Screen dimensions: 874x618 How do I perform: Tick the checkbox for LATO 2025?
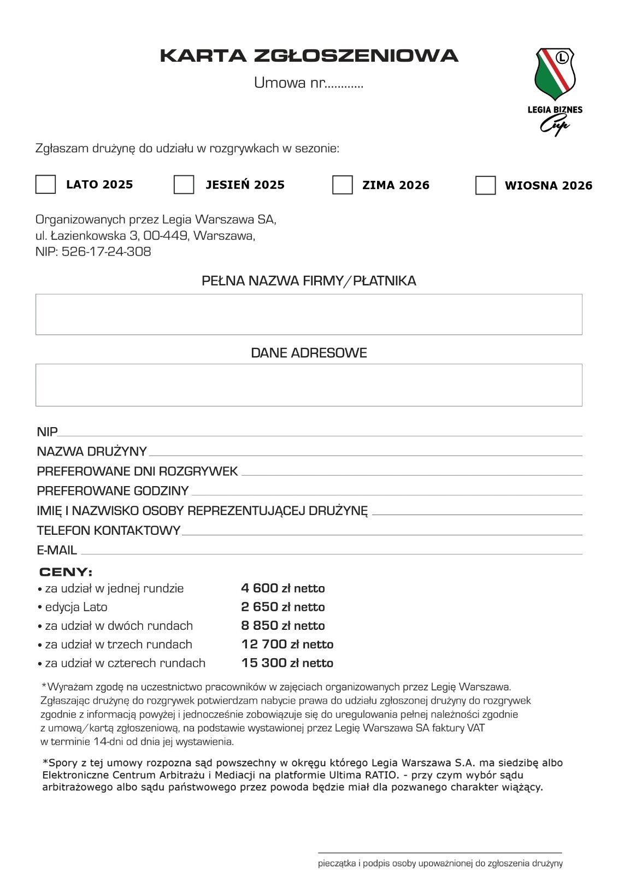[45, 184]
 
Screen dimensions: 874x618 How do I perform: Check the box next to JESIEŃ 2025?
[184, 184]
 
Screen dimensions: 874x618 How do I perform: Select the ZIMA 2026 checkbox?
[342, 185]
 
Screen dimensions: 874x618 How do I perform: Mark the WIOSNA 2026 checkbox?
[485, 185]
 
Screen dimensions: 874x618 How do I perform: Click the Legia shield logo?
[555, 73]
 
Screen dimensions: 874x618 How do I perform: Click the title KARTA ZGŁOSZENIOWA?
[309, 56]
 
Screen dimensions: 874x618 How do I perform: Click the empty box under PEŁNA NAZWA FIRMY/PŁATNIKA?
[309, 314]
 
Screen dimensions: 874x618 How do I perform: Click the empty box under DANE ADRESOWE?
[309, 385]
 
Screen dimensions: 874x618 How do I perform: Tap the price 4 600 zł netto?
[283, 588]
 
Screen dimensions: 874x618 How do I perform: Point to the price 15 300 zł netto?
[287, 663]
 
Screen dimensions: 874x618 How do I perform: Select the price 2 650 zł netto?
[283, 607]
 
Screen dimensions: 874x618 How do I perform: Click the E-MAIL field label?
[57, 550]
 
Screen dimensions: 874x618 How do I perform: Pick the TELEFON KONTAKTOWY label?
[108, 530]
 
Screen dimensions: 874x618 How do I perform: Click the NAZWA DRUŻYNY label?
[92, 451]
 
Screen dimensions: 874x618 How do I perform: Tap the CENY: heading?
[66, 572]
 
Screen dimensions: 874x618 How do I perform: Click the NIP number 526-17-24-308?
[107, 252]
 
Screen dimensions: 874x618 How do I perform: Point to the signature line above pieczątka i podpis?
[440, 852]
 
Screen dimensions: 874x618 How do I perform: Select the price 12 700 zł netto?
[287, 645]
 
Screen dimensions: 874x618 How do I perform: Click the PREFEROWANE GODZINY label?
[113, 491]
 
